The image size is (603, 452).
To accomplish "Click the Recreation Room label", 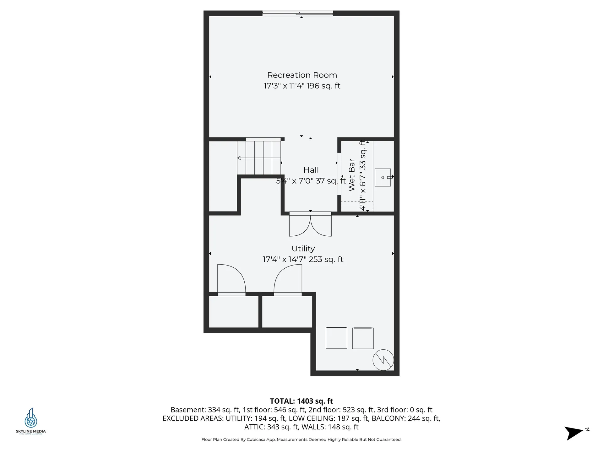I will click(x=302, y=75).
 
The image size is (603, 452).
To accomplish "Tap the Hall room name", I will click(x=311, y=170).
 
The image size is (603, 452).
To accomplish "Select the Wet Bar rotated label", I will click(x=352, y=175).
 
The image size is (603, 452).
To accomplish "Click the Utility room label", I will click(x=303, y=249).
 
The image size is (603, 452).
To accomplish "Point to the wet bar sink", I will click(x=383, y=177).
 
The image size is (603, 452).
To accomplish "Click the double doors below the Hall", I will click(x=310, y=224).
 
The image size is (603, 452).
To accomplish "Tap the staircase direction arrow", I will click(x=239, y=158).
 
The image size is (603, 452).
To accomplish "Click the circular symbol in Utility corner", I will click(x=383, y=360).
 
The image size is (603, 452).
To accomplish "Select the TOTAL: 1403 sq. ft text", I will click(x=301, y=401).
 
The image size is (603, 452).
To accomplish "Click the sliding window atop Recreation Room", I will click(x=298, y=13).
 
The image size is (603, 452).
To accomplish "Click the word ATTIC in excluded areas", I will click(x=255, y=427).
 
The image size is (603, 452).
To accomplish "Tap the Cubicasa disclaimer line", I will click(x=301, y=439).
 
